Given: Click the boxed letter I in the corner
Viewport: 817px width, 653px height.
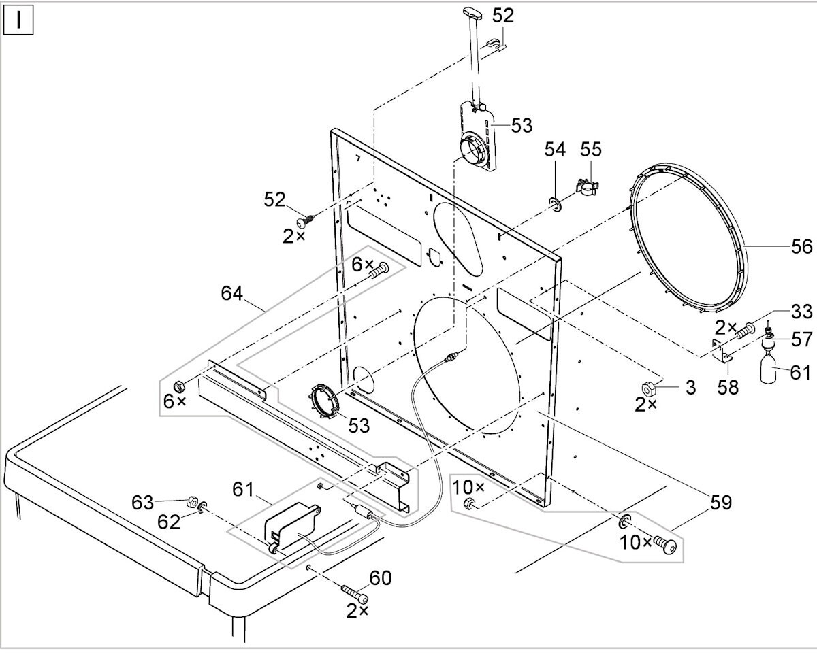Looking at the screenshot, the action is tap(18, 20).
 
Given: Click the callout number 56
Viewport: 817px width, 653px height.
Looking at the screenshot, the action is tap(801, 247).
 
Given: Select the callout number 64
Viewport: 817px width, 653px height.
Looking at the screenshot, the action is tap(231, 293).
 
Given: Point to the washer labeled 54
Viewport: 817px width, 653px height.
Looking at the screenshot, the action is tap(556, 204).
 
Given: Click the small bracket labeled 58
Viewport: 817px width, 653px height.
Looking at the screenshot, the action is tap(721, 351).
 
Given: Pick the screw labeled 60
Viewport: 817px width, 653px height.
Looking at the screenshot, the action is tap(355, 595).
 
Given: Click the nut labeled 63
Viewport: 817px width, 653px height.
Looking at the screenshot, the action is tap(192, 501).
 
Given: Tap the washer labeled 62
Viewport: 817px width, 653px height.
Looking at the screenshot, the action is tap(202, 506).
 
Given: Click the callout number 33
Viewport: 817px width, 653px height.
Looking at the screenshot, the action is tap(801, 312).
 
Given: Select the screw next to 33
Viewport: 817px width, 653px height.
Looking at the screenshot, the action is tap(746, 331).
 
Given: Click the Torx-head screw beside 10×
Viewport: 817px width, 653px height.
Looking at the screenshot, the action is tap(664, 545).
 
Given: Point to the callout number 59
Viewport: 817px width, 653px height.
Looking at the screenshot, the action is tap(720, 503).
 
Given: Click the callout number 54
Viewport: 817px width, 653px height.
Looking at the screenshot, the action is tap(555, 150).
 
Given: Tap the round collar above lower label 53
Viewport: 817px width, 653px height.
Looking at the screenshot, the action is tap(323, 401).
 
